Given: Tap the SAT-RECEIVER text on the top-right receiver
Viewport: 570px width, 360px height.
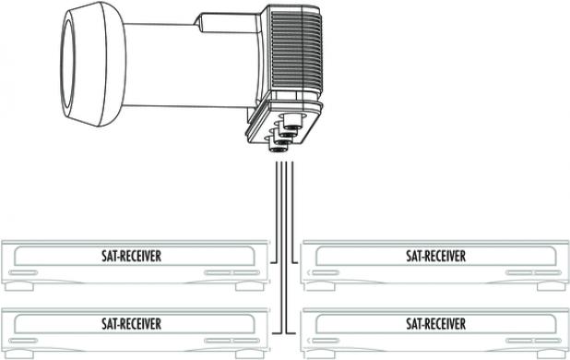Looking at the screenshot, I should (434, 256).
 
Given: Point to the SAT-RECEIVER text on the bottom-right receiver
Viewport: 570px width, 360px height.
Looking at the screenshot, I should (434, 323).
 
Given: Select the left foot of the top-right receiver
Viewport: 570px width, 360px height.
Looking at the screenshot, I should (333, 287).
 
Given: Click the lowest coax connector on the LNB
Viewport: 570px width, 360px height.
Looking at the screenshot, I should (277, 146).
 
